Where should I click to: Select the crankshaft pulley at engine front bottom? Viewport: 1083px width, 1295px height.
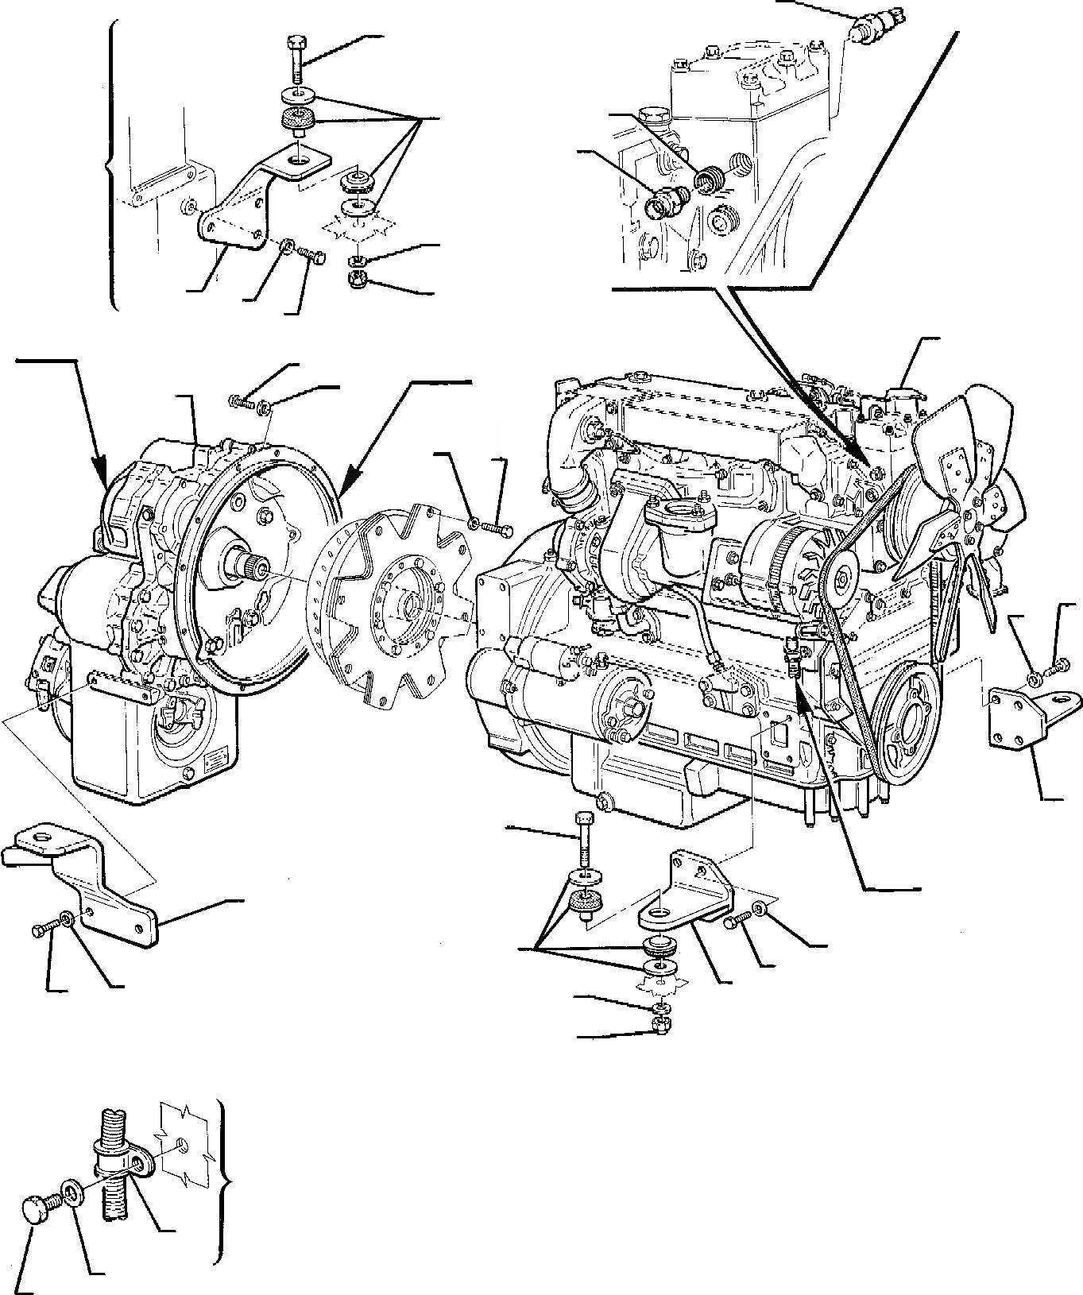pyautogui.click(x=903, y=725)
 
